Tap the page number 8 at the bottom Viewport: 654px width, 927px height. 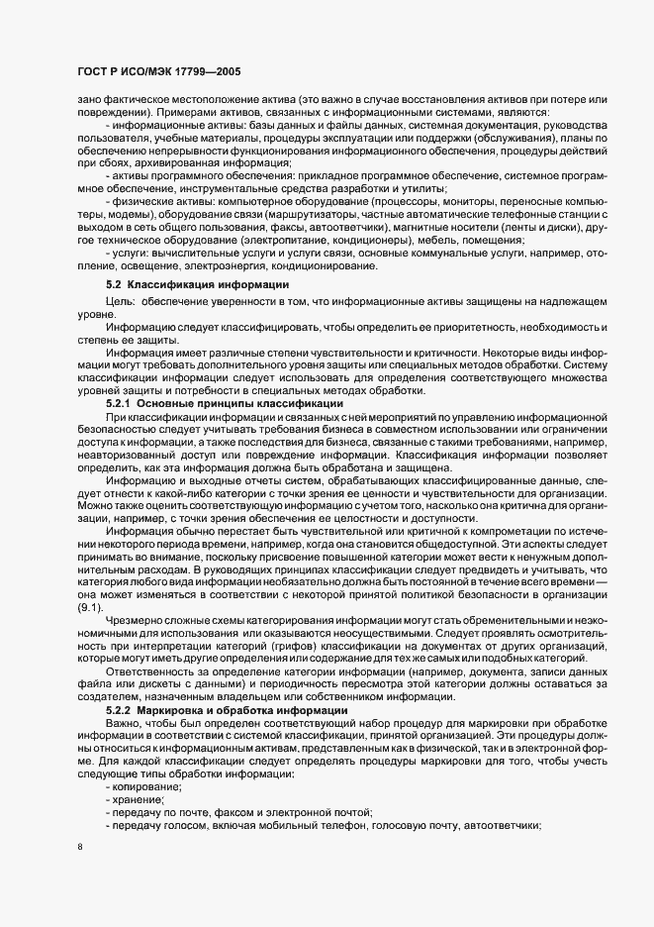click(80, 848)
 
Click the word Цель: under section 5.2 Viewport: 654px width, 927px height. click(120, 301)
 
